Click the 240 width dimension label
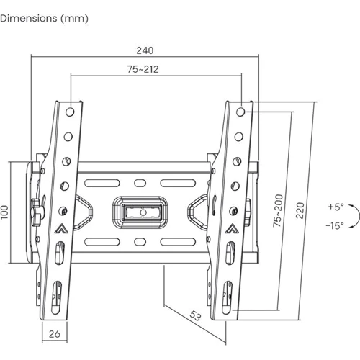(x=145, y=50)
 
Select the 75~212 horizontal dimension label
(x=143, y=69)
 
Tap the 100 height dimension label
(x=4, y=212)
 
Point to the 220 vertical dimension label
(x=300, y=210)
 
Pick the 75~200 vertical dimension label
(x=278, y=211)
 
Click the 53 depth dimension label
(x=195, y=316)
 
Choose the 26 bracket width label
(x=55, y=334)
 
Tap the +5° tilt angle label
(x=336, y=207)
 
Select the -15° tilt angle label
(x=335, y=225)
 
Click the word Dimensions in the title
(x=29, y=19)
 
